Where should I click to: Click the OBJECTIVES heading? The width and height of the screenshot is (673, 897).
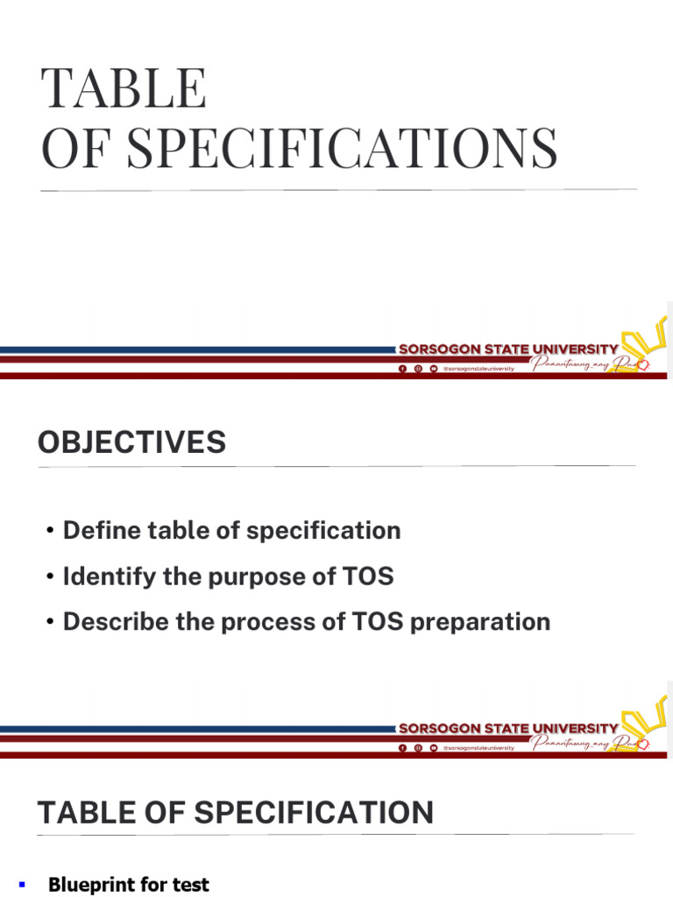(x=131, y=443)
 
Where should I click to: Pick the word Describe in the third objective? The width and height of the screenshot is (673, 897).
(x=114, y=622)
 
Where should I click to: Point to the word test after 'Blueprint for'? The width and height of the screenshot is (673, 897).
(x=191, y=885)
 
